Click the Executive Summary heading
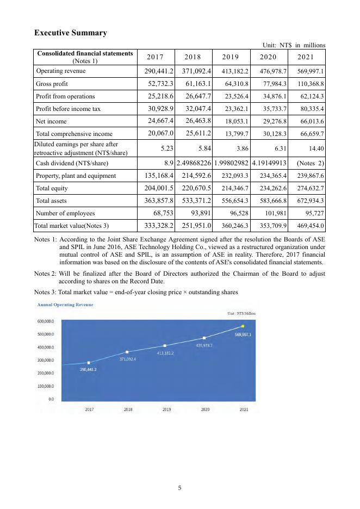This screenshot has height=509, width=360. click(70, 33)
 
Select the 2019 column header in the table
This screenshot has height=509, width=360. click(231, 57)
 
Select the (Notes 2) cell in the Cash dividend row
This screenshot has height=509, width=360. click(310, 163)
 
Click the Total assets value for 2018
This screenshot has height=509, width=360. click(193, 201)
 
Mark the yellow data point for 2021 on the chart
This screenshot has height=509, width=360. click(243, 326)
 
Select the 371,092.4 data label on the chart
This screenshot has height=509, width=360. click(127, 359)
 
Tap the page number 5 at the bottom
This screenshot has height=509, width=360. click(180, 488)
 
